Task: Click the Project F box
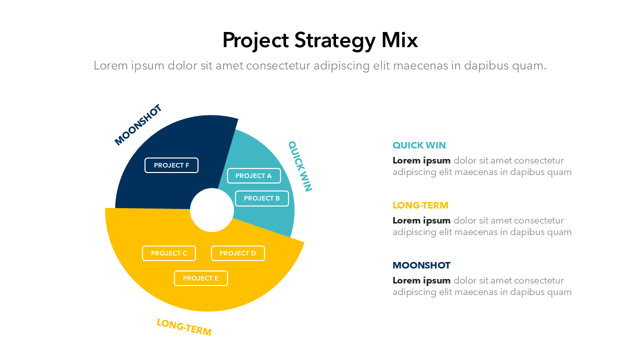click(171, 165)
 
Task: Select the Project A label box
click(253, 175)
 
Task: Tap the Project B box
click(262, 198)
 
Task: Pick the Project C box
click(169, 253)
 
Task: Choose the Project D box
click(238, 253)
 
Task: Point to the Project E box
click(201, 278)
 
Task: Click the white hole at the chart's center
click(212, 210)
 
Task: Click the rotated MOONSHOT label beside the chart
click(138, 125)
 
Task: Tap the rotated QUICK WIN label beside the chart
click(300, 166)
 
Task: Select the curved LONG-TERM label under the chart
click(184, 327)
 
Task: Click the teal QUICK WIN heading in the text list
click(419, 145)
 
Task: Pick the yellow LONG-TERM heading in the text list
click(420, 205)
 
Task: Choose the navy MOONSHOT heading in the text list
click(421, 265)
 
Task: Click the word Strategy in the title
click(334, 40)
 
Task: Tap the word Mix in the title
click(399, 40)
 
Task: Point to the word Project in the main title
click(255, 40)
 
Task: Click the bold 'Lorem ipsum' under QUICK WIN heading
click(421, 160)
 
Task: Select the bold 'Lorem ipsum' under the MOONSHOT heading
click(421, 280)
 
